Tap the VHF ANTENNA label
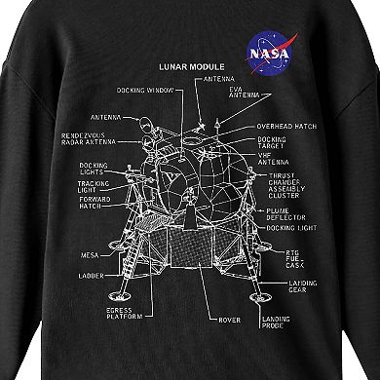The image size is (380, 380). [x=273, y=165]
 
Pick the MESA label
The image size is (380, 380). [x=91, y=256]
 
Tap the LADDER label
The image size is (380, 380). [x=93, y=276]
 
